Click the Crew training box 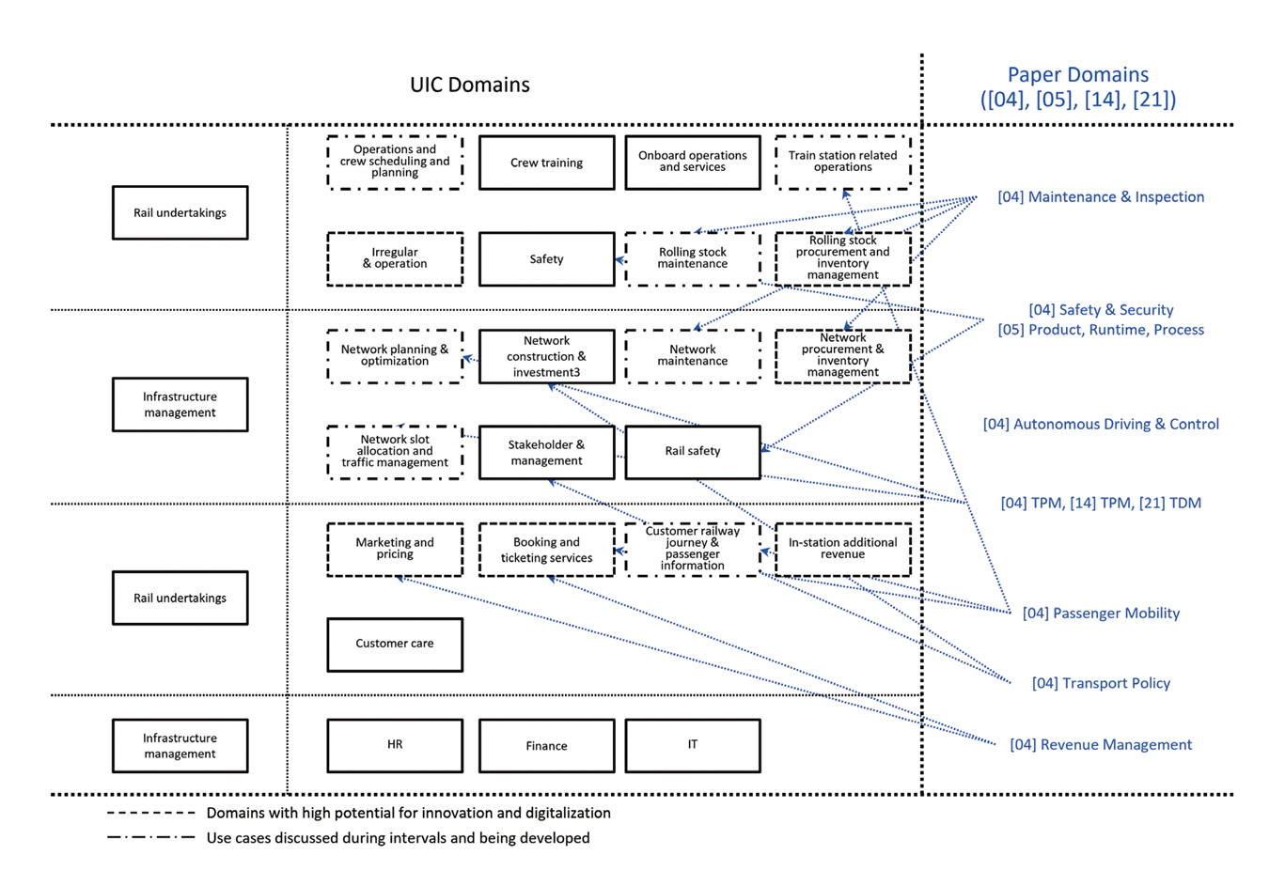click(546, 163)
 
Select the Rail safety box click(693, 452)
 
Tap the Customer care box click(395, 645)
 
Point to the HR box click(395, 745)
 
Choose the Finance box click(546, 746)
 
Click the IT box click(693, 745)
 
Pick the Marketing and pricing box click(395, 549)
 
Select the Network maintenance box click(693, 355)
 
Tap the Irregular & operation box click(395, 258)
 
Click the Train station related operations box click(842, 162)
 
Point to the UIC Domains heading click(469, 85)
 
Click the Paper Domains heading click(1077, 86)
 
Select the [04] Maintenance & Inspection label click(1101, 197)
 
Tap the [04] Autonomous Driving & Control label click(1101, 425)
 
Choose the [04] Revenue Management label click(1101, 745)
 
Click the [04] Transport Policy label click(1101, 684)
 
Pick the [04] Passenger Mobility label click(1101, 614)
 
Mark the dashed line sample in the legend click(150, 814)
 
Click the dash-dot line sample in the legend click(150, 838)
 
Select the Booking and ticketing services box click(546, 550)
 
